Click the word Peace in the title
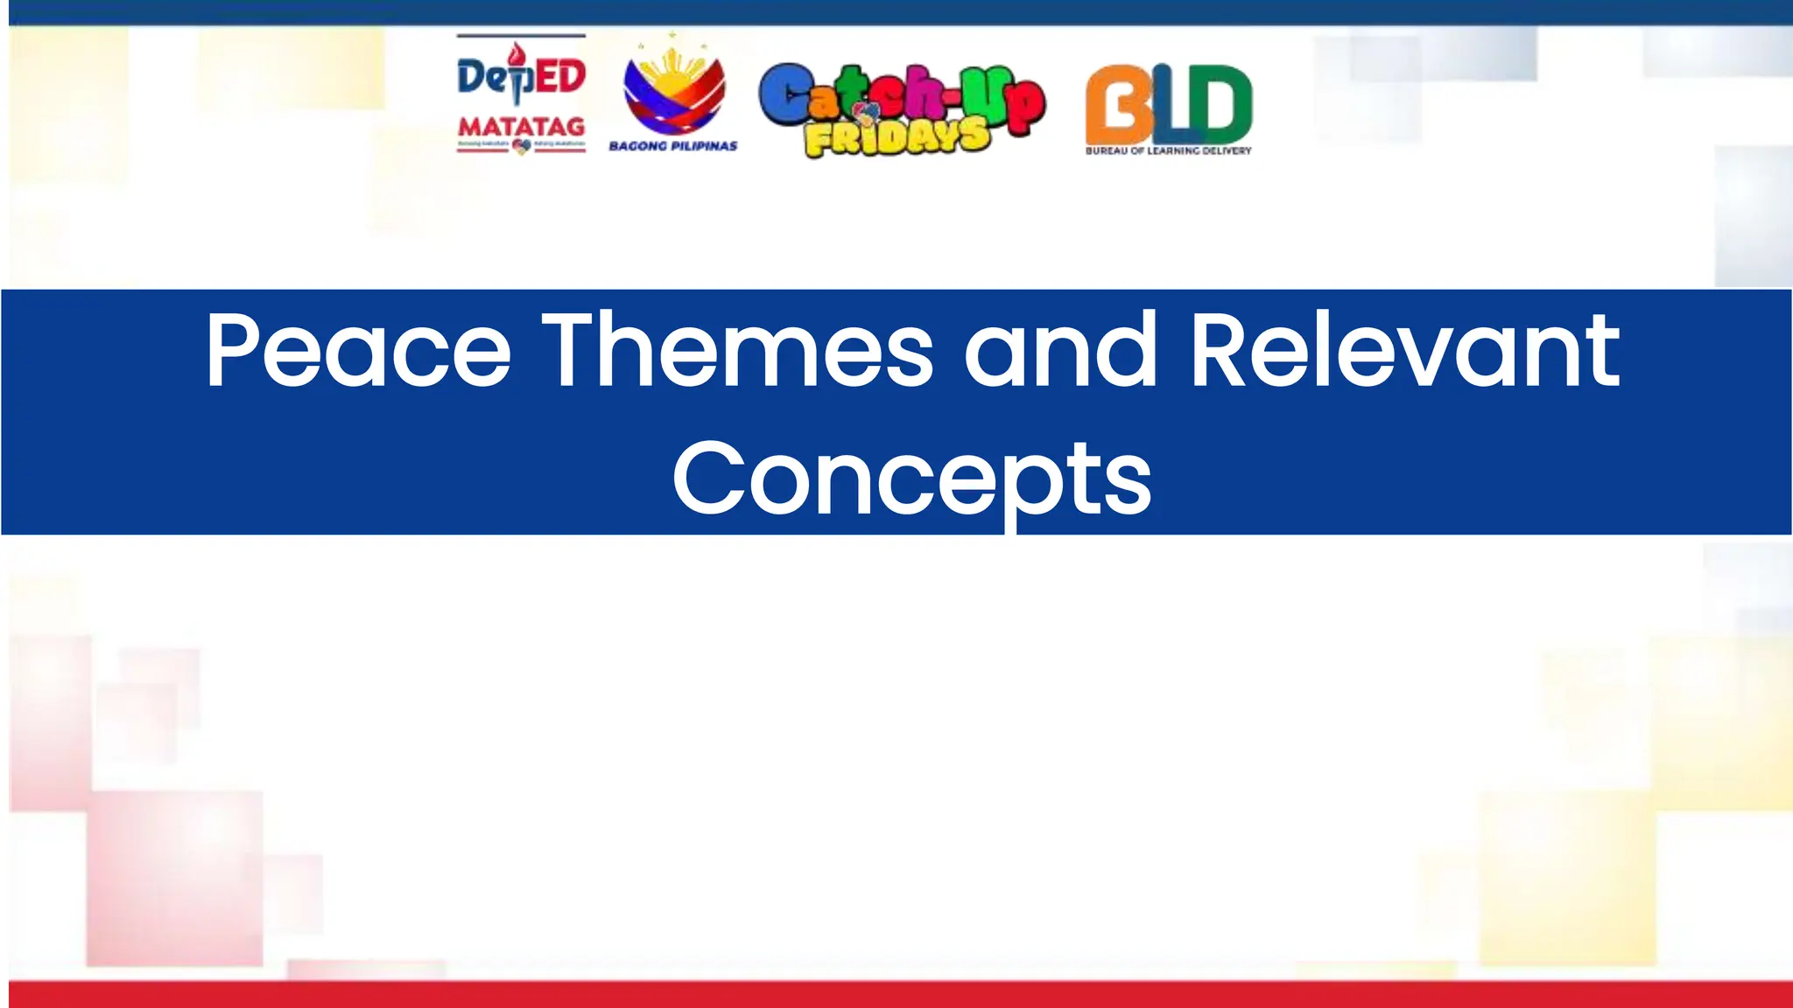[x=358, y=350]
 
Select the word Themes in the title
[x=738, y=350]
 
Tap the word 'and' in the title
[x=1060, y=350]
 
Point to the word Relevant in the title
[x=1405, y=350]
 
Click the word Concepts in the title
[x=911, y=479]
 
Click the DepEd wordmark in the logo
[x=521, y=77]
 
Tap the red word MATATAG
[x=521, y=128]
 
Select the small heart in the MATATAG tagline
[x=521, y=146]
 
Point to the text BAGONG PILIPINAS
[x=672, y=146]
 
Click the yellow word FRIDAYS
[x=897, y=138]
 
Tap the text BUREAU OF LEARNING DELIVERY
[x=1168, y=150]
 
